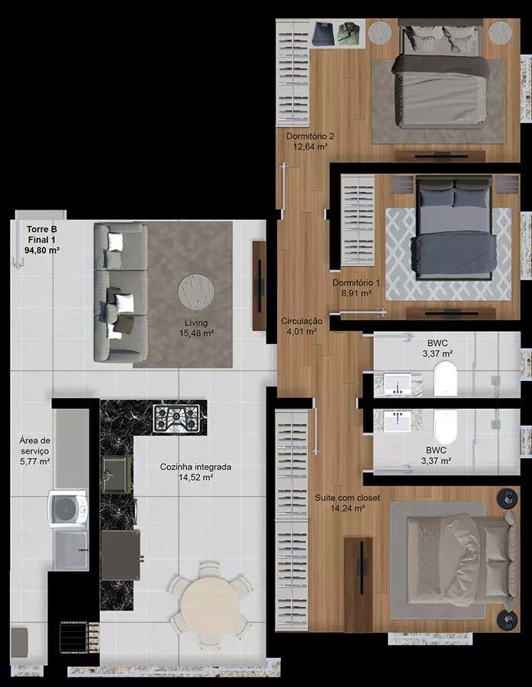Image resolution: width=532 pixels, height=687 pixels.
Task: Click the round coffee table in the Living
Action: [196, 292]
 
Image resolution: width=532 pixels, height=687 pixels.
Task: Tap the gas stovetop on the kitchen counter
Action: [176, 418]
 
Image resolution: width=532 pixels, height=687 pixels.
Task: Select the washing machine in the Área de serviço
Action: [68, 509]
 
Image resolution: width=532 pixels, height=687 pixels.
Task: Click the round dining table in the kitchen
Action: [211, 605]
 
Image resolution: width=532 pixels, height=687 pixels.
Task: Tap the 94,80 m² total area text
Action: [42, 250]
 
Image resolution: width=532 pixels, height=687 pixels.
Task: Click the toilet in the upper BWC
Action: [445, 379]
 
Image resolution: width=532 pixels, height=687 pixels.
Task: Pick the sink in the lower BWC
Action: [398, 421]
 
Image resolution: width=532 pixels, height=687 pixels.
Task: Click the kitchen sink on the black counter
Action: [116, 474]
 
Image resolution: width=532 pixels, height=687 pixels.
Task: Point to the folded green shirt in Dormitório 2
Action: [349, 34]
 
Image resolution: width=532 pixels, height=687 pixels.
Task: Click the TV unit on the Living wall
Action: [260, 285]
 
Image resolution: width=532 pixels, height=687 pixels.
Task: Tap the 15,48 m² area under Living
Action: [196, 333]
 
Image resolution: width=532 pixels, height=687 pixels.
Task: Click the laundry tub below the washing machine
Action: [70, 549]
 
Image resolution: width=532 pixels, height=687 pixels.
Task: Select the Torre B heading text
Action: [42, 229]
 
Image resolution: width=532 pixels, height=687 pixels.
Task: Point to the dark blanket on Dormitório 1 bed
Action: [454, 254]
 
